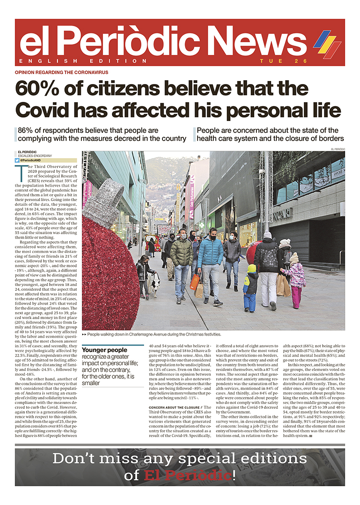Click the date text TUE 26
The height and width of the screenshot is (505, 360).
click(283, 61)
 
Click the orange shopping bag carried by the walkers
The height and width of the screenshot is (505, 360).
click(195, 282)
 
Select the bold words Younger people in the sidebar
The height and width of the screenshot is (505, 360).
click(104, 350)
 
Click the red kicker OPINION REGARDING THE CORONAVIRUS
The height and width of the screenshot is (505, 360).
click(61, 72)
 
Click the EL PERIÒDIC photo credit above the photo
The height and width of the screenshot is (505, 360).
click(337, 149)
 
